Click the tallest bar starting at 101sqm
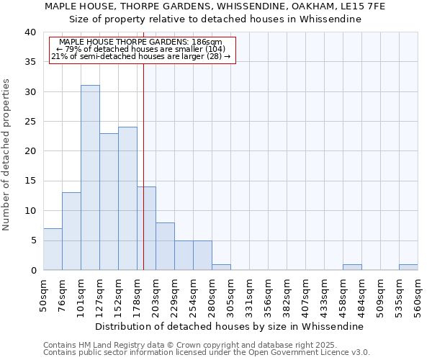(90, 178)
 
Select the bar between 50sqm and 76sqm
(53, 249)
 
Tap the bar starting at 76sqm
(71, 231)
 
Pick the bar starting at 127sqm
(109, 202)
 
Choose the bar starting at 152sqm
(127, 199)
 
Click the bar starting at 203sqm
(165, 246)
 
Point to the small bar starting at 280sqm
(221, 267)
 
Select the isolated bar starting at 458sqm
(352, 267)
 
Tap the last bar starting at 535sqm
(408, 267)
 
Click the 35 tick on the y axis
(32, 62)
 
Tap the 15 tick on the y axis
(32, 181)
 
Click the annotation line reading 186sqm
(141, 42)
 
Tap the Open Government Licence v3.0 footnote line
(207, 353)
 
